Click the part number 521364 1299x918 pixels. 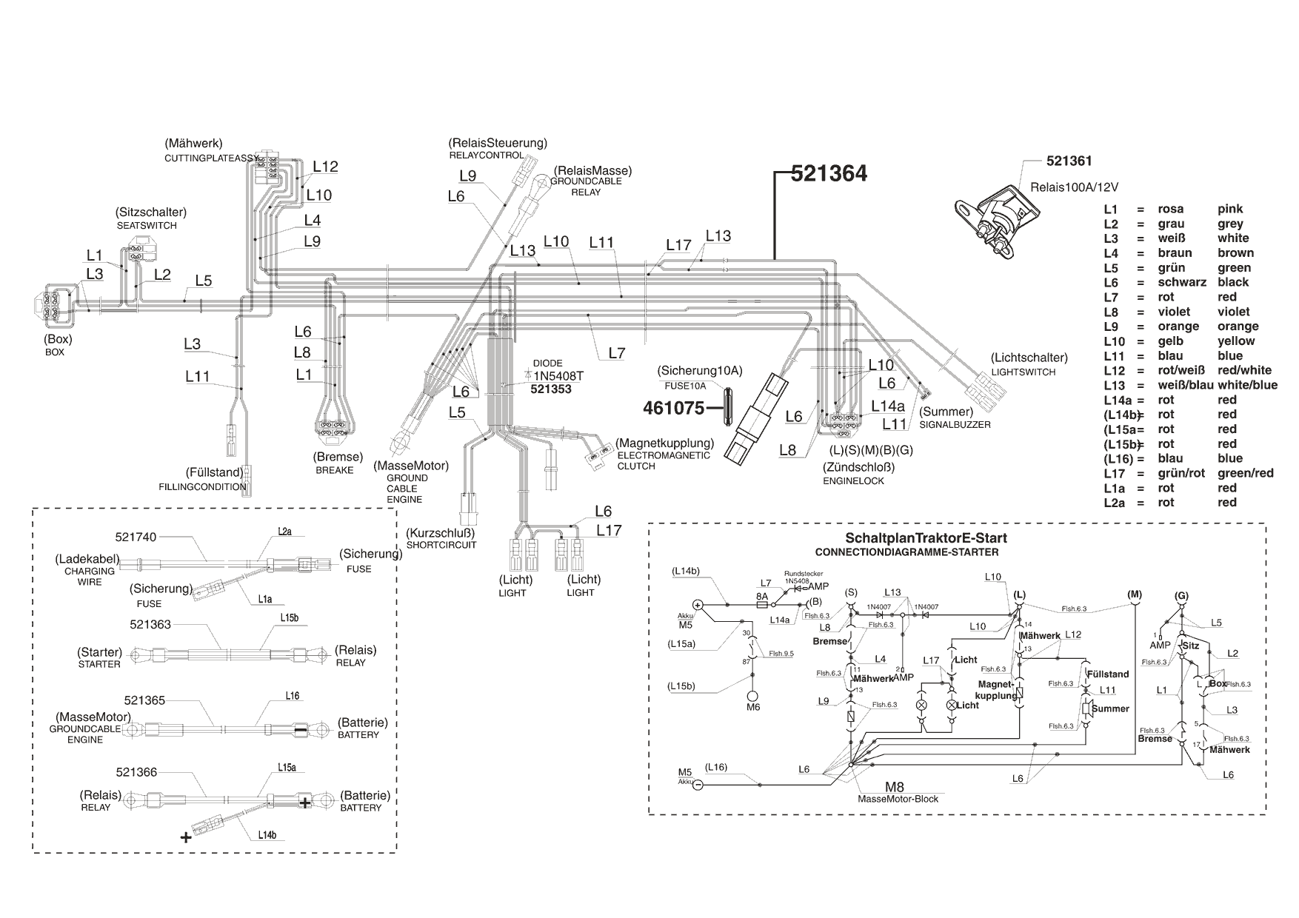[x=828, y=173]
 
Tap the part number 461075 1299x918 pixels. [x=673, y=407]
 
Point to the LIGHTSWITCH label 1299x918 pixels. [x=1023, y=372]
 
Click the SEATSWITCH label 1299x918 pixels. [x=147, y=225]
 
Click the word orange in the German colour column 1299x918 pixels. [x=1178, y=326]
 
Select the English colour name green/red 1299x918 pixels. [x=1245, y=473]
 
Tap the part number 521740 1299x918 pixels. [x=136, y=537]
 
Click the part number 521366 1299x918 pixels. [x=136, y=772]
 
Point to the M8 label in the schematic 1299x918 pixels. [x=895, y=786]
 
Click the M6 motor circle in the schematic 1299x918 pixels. [x=753, y=697]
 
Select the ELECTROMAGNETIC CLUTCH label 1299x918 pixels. [x=664, y=460]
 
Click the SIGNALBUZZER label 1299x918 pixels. [x=955, y=425]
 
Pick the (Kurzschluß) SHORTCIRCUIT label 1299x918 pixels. [x=441, y=538]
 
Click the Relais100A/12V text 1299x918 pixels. [x=1074, y=186]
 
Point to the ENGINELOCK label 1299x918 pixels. [x=853, y=481]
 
